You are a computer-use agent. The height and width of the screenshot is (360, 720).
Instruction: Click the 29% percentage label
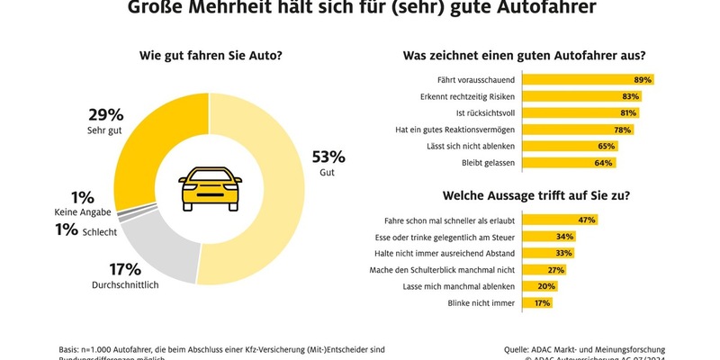pyautogui.click(x=105, y=114)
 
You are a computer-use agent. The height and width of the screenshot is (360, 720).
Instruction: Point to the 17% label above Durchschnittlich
pyautogui.click(x=125, y=268)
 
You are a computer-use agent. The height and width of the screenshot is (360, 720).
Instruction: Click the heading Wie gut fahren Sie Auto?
pyautogui.click(x=210, y=56)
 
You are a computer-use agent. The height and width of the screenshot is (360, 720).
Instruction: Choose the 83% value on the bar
pyautogui.click(x=630, y=95)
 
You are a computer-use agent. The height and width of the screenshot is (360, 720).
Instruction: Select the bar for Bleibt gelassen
pyautogui.click(x=558, y=162)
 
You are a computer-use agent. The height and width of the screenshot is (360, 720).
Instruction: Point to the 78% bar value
pyautogui.click(x=621, y=129)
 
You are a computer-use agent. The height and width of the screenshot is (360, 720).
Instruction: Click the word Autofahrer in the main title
pyautogui.click(x=538, y=8)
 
